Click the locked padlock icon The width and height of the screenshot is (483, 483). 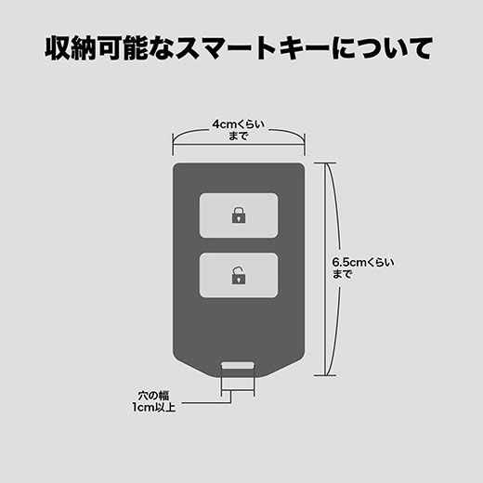[239, 215]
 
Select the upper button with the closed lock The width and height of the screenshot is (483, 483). [239, 215]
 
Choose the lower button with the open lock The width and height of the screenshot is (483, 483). [239, 275]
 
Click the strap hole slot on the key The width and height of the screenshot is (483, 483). [238, 365]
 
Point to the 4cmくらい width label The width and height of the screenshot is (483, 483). [239, 124]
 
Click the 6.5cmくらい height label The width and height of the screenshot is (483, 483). [363, 263]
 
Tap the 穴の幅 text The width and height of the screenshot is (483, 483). [153, 396]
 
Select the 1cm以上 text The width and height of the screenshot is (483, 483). [153, 407]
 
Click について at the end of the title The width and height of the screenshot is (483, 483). [382, 48]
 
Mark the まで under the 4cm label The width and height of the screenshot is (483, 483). [239, 136]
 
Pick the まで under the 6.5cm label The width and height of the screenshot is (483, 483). [342, 274]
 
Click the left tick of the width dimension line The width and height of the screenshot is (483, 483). [173, 145]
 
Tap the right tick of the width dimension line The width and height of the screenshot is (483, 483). [305, 145]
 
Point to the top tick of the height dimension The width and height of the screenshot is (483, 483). [325, 163]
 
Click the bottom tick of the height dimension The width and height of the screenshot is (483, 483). [325, 375]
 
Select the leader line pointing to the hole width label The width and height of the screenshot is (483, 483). [207, 403]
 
